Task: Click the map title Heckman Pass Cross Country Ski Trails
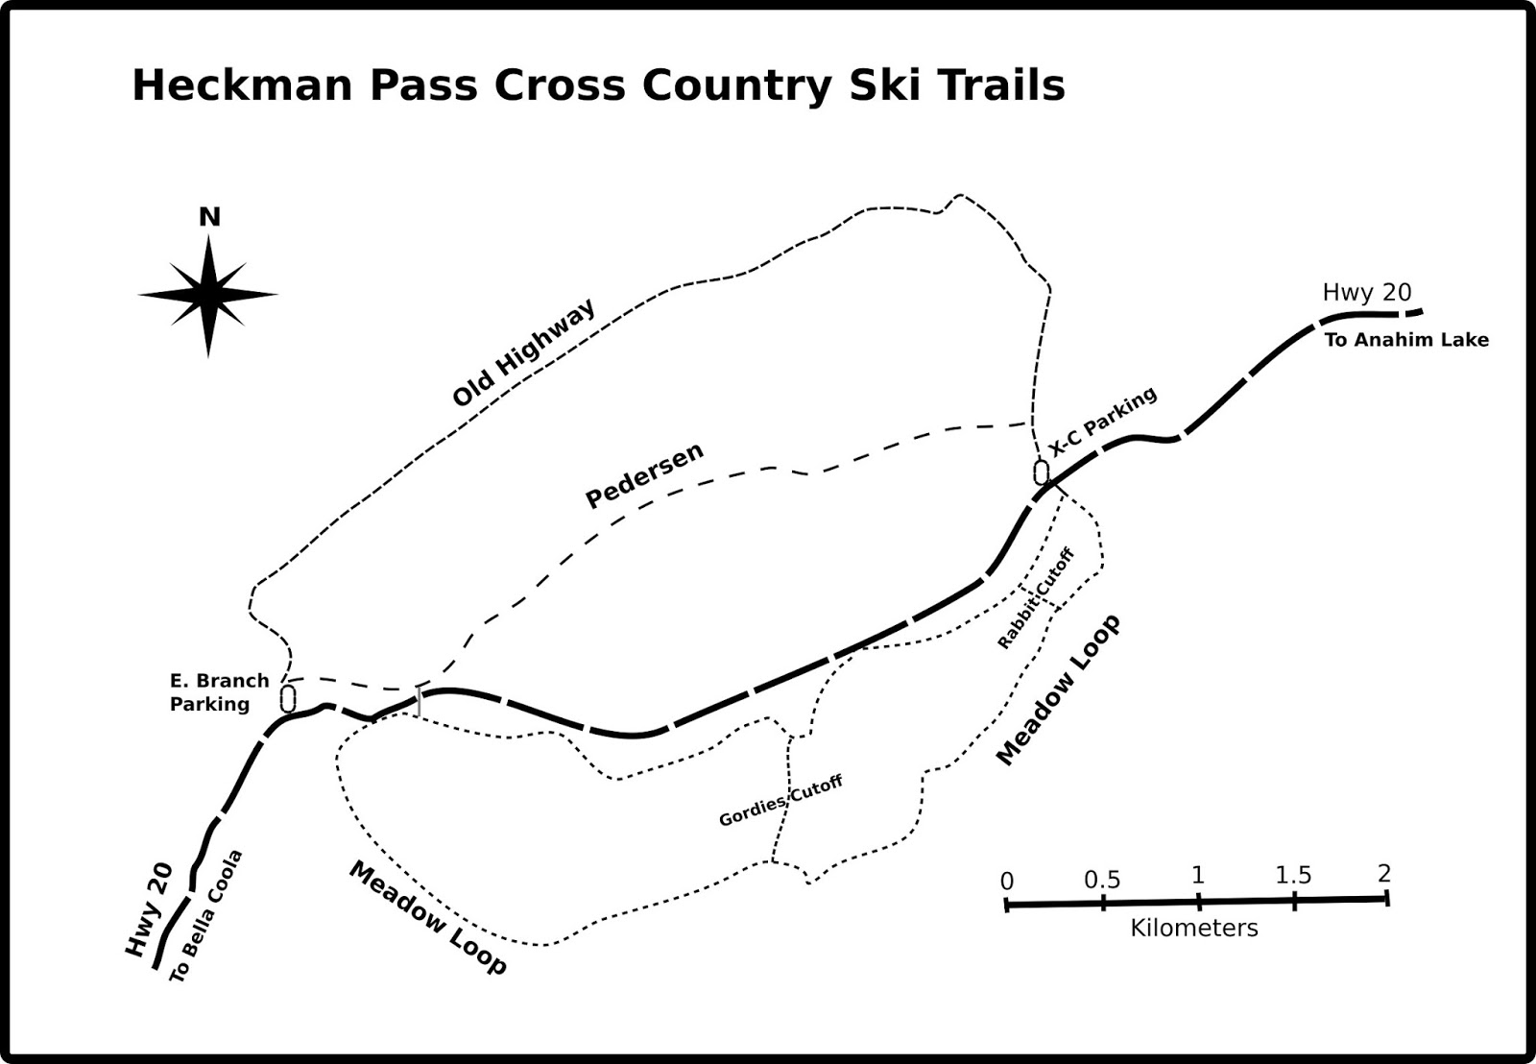pos(598,85)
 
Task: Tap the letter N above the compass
pos(209,217)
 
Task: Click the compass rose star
pos(208,295)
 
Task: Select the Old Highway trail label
pos(524,352)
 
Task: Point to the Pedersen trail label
pos(644,474)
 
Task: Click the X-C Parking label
pos(1103,422)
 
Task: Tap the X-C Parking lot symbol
pos(1042,472)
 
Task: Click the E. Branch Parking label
pos(219,692)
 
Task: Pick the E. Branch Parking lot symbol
pos(288,697)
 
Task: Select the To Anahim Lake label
pos(1406,339)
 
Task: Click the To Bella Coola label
pos(206,916)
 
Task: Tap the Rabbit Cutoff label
pos(1035,598)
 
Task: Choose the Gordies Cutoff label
pos(780,801)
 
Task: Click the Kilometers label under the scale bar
pos(1194,928)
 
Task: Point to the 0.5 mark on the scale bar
pos(1103,902)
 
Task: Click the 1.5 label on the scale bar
pos(1293,875)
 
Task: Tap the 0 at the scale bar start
pos(1006,882)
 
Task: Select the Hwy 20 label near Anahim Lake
pos(1367,292)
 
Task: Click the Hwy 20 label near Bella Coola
pos(149,909)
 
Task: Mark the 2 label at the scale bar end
pos(1383,873)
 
